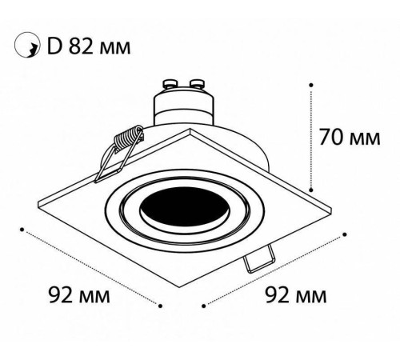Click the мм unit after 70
click(x=366, y=138)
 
